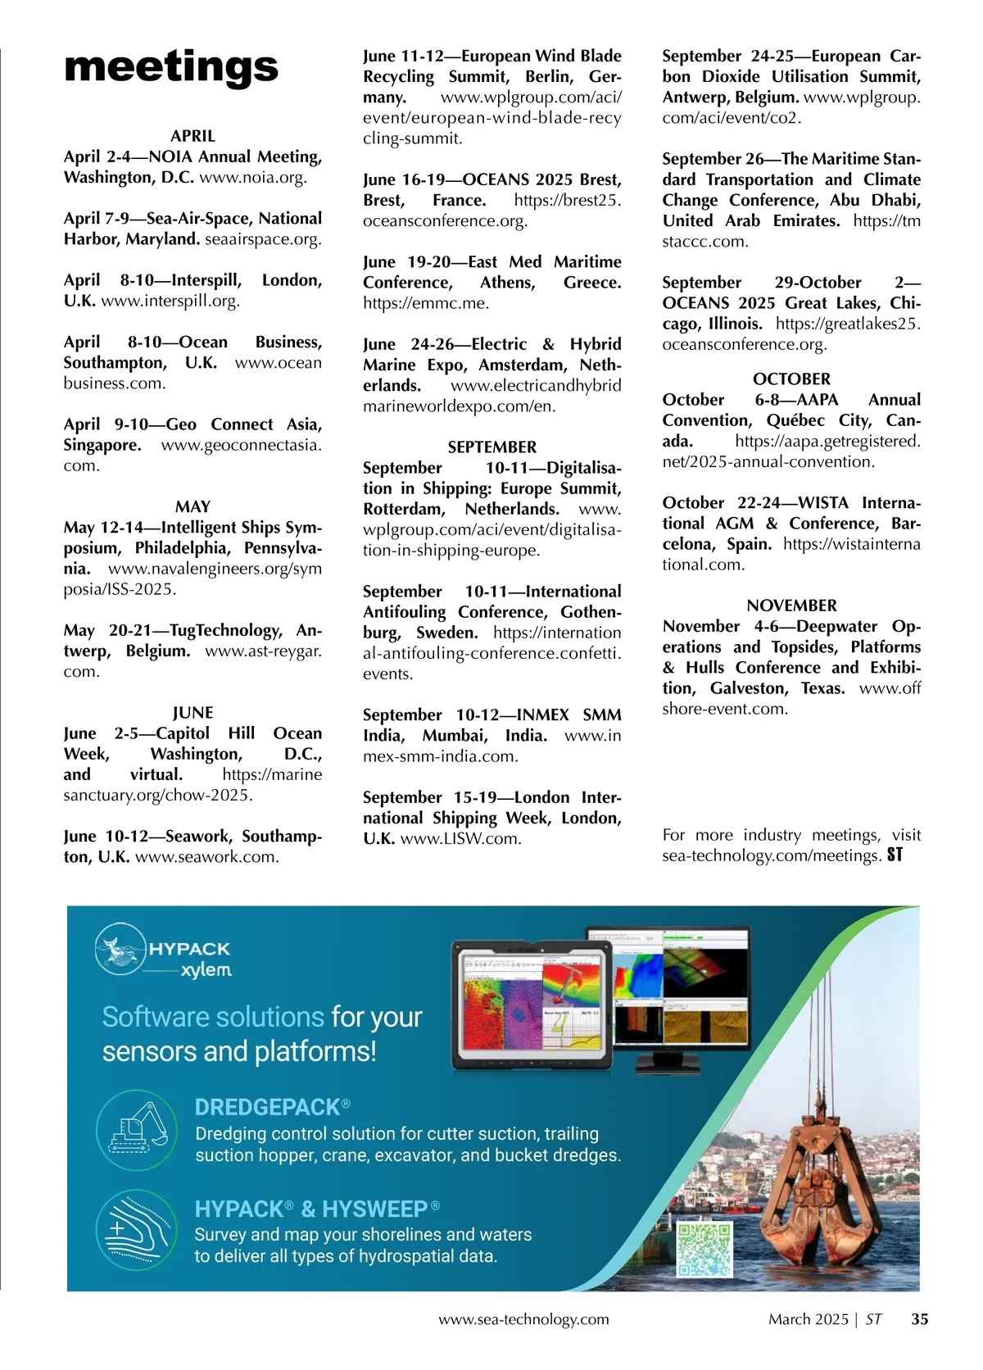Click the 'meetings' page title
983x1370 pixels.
[170, 67]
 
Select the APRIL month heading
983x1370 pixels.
[193, 136]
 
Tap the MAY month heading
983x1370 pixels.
[193, 506]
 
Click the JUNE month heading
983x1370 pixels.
[193, 713]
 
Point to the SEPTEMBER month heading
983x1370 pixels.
[491, 447]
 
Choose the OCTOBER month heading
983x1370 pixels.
[791, 379]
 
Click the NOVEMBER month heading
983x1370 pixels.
[791, 606]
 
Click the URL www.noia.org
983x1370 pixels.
[252, 178]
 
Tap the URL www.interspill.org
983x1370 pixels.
[170, 301]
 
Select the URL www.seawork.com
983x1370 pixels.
[206, 857]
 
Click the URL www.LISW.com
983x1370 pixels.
[460, 839]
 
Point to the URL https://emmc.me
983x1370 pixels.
[425, 303]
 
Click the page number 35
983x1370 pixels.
[920, 1319]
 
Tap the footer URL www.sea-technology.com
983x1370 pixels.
[523, 1319]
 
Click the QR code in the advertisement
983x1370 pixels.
[704, 1250]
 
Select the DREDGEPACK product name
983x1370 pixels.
[267, 1108]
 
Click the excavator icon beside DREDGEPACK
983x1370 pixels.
[137, 1130]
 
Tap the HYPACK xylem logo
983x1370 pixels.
[164, 950]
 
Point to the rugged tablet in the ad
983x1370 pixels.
[532, 1008]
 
